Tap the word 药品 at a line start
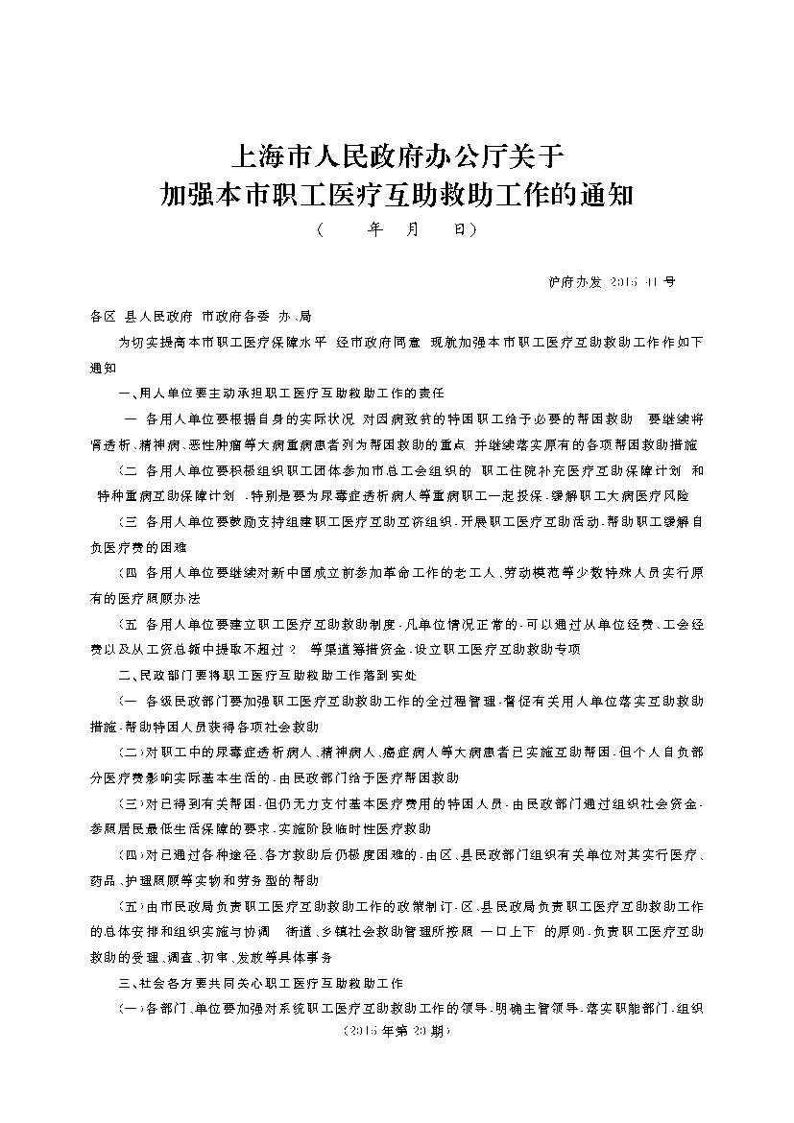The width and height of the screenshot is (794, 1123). tap(103, 879)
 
